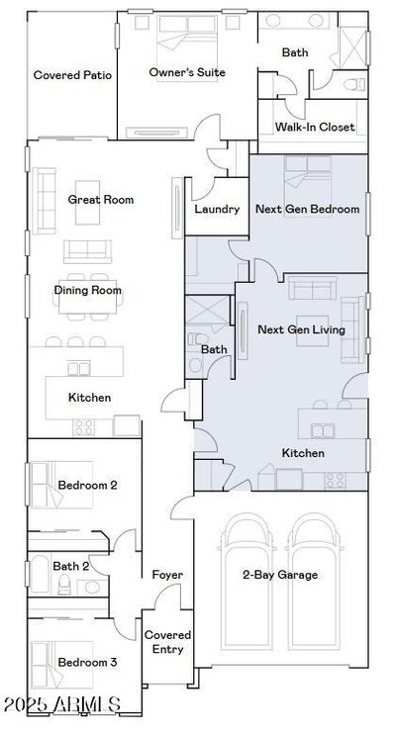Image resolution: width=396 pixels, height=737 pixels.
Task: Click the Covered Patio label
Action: [72, 75]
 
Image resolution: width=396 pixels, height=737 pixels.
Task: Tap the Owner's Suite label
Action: [187, 72]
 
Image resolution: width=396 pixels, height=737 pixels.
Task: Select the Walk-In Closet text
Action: [315, 127]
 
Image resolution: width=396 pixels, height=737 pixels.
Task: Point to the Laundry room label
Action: [217, 209]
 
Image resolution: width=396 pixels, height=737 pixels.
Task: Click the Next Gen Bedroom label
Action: [307, 209]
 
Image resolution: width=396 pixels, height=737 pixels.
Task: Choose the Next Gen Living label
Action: [302, 329]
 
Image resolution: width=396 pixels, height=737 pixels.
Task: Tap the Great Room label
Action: [101, 199]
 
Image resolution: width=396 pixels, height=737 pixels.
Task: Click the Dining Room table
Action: [87, 297]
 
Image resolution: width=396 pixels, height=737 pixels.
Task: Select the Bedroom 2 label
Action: [87, 485]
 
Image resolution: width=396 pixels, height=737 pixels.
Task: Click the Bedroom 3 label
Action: [87, 662]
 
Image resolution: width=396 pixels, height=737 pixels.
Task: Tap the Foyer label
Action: [167, 575]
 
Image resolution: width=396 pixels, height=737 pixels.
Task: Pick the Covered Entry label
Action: [167, 642]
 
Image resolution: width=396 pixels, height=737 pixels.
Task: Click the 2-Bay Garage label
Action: [280, 575]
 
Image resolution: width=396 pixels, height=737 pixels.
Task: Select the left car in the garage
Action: [247, 582]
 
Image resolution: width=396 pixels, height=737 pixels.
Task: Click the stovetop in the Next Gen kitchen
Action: [336, 481]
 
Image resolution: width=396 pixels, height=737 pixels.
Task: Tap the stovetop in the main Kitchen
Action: [84, 427]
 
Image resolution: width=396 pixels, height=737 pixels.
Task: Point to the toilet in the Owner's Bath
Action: [354, 85]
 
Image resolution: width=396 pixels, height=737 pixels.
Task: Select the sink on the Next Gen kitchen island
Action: [323, 430]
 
